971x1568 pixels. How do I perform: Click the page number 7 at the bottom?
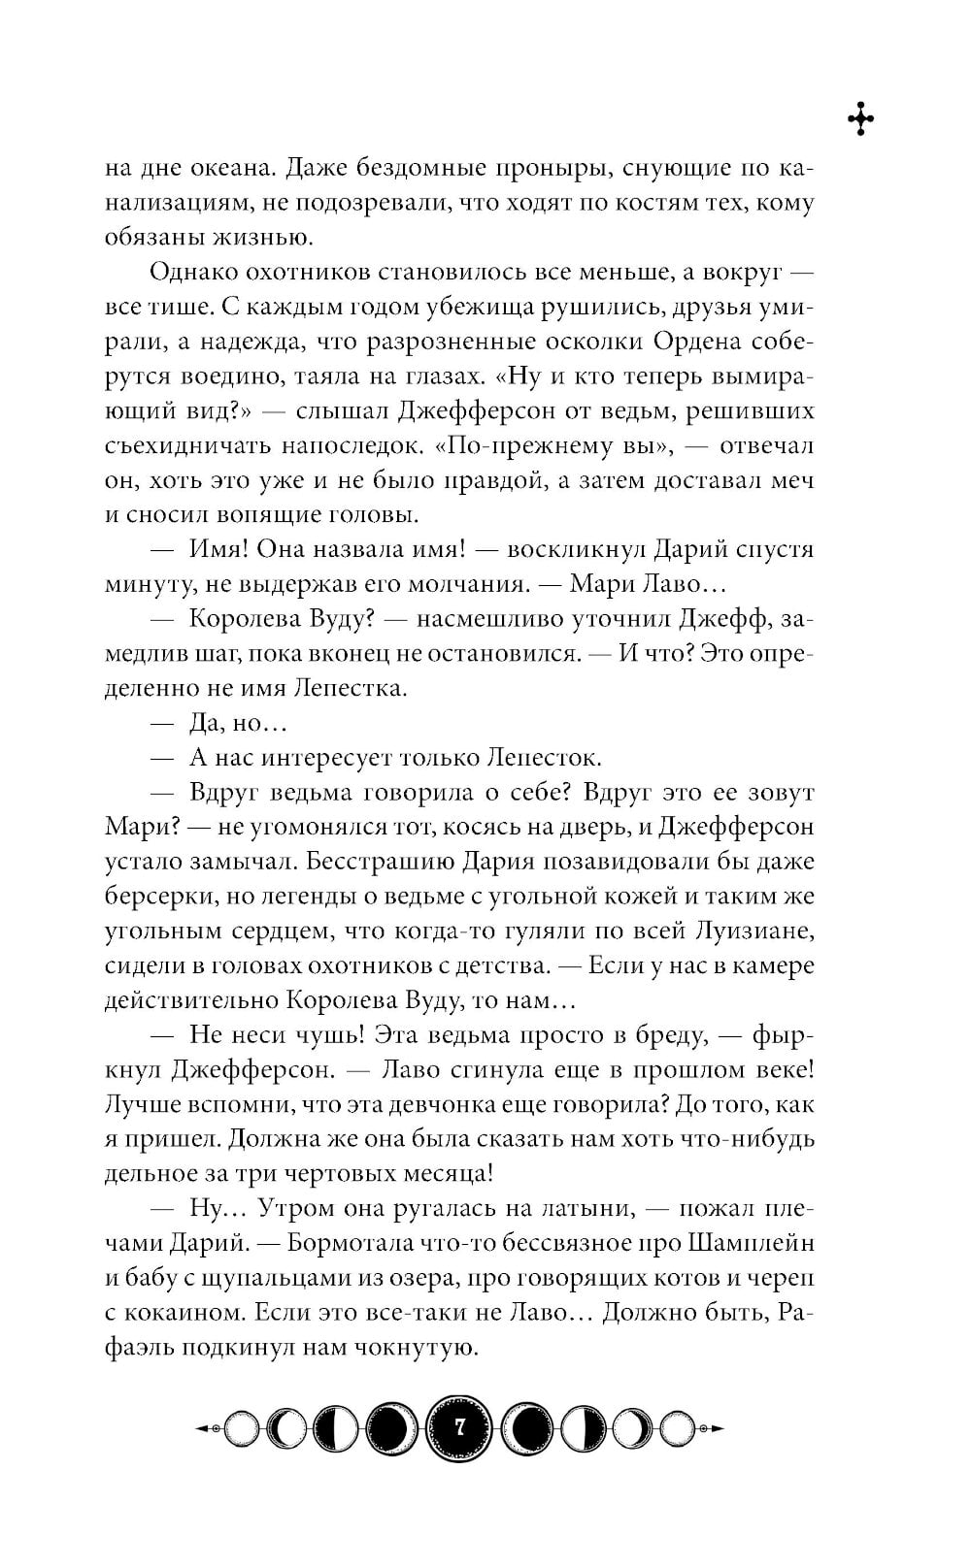pyautogui.click(x=459, y=1427)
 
